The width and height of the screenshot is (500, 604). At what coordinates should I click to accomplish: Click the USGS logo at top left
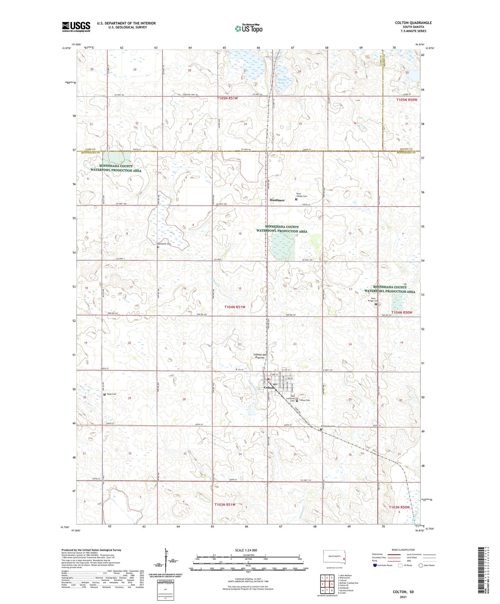(x=76, y=27)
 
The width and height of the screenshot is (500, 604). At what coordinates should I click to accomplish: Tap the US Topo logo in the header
(x=248, y=28)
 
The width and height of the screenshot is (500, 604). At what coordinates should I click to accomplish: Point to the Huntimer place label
(x=277, y=200)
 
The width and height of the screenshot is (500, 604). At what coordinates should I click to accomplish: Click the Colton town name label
(x=269, y=388)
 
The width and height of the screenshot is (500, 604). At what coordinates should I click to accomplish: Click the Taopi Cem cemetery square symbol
(x=105, y=394)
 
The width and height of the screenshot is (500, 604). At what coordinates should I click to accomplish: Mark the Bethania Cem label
(x=165, y=244)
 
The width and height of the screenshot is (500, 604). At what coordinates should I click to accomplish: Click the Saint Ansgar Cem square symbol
(x=376, y=304)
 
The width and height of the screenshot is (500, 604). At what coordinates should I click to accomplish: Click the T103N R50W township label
(x=399, y=507)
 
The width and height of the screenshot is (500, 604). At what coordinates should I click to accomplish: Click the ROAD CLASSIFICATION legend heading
(x=403, y=550)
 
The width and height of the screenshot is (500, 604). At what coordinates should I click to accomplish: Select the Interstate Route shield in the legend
(x=375, y=565)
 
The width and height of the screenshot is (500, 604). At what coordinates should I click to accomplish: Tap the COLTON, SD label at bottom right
(x=403, y=592)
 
